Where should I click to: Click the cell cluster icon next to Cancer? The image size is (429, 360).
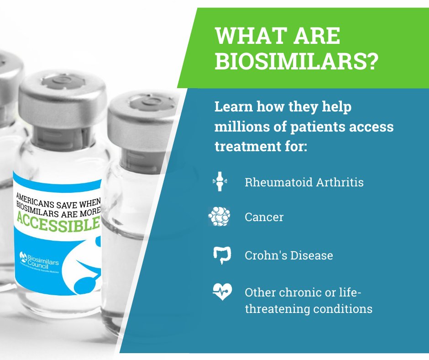point(219,216)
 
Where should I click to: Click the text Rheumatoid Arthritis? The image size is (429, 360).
point(304,182)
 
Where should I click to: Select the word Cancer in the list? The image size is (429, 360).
point(264,217)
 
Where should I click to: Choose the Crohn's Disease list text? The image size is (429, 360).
point(288,255)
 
